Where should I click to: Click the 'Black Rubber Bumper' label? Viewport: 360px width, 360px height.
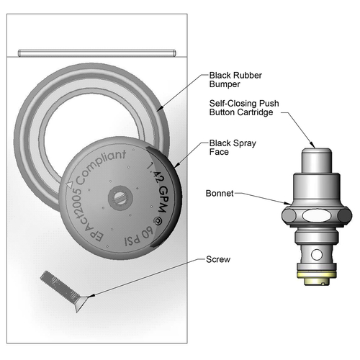tap(235, 80)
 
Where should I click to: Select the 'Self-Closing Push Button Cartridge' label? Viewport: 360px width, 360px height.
tap(244, 108)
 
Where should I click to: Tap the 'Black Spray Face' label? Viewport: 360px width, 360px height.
tap(233, 148)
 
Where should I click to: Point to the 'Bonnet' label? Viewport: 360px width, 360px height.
tap(220, 194)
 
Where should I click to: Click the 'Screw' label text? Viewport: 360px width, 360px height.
tap(218, 259)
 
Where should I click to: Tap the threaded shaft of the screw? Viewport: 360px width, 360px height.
tap(59, 287)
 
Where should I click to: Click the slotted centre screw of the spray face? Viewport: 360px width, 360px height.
tap(120, 198)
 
